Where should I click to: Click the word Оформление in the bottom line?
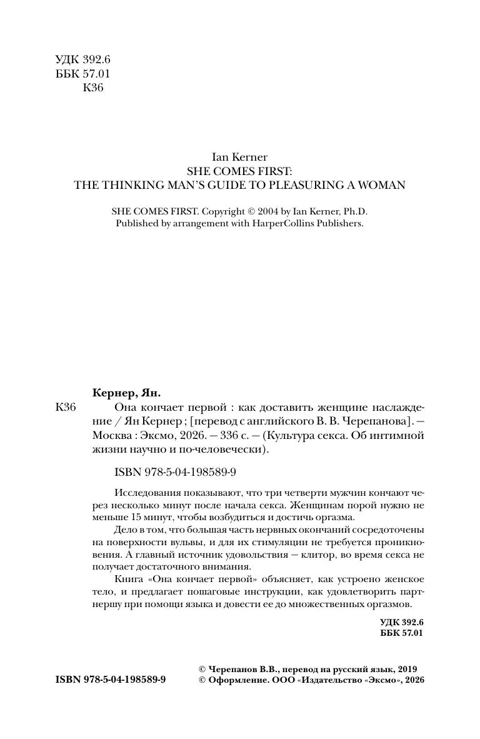tap(233, 680)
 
